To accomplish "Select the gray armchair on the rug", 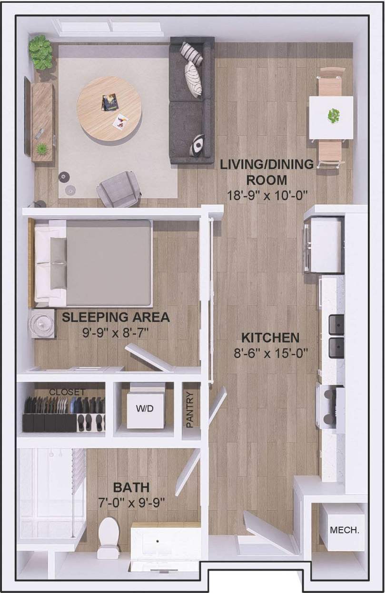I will [x=118, y=189].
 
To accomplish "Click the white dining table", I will [x=331, y=117].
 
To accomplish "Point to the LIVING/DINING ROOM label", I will [x=267, y=172].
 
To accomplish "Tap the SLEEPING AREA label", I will [x=116, y=317].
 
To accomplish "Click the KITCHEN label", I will [x=270, y=338].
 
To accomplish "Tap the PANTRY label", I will [x=190, y=409].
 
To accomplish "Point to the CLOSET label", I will [x=67, y=392].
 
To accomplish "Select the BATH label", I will [x=131, y=487].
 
